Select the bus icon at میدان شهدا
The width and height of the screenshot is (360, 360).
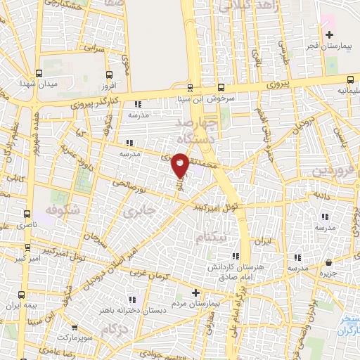38,72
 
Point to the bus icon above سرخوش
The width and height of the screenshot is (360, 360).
221,88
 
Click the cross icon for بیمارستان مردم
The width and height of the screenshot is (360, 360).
196,292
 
